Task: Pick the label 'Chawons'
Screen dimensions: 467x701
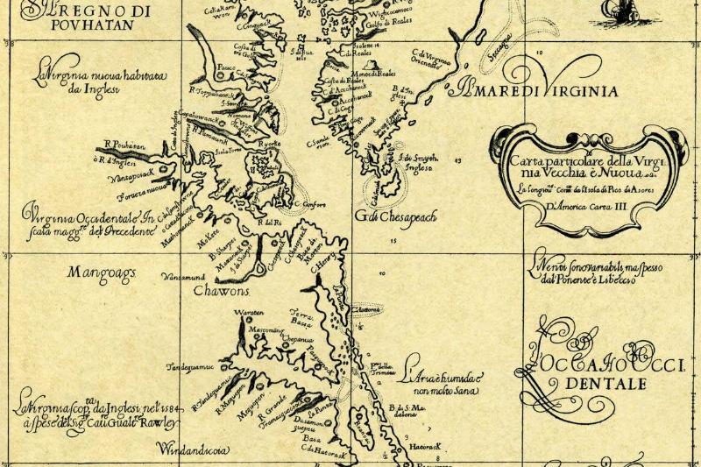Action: point(221,291)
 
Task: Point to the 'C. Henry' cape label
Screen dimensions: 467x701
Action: point(324,260)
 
